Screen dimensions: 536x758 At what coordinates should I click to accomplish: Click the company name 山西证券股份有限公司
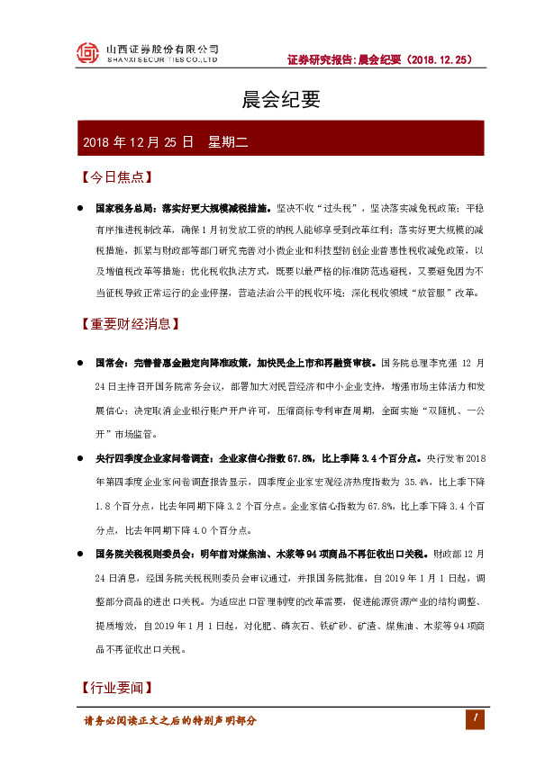162,49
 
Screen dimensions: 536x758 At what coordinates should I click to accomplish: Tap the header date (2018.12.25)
440,60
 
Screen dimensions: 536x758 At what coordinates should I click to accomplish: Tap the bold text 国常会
109,363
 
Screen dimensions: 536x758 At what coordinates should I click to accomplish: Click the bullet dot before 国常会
80,363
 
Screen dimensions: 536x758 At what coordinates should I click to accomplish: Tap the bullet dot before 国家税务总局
80,207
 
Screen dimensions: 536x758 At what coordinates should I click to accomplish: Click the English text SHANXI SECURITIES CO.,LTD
162,60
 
